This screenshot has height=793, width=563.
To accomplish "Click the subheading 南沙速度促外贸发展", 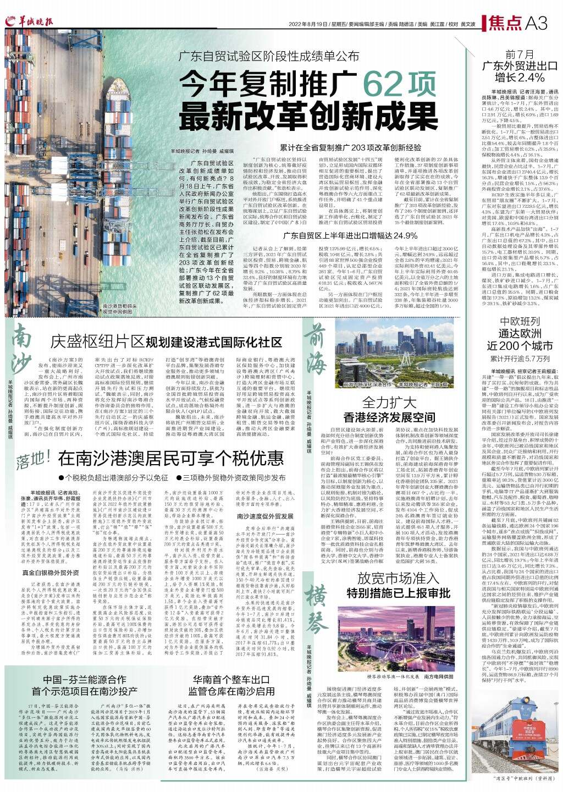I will (x=264, y=516).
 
